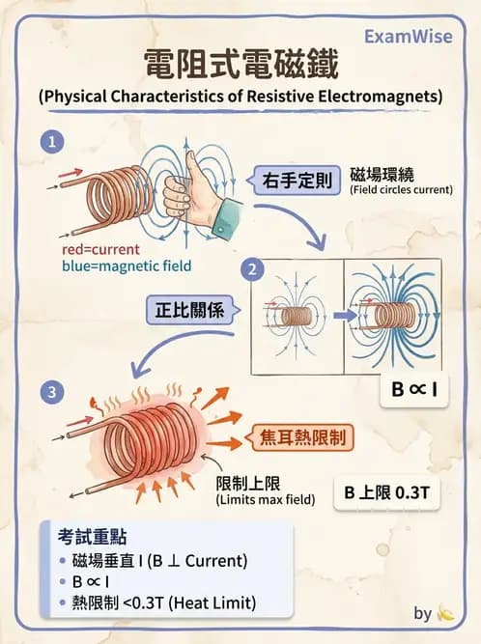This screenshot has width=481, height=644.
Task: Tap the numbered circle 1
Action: [x=52, y=142]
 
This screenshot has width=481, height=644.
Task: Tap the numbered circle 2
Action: [x=253, y=270]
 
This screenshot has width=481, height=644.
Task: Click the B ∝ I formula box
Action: [x=410, y=391]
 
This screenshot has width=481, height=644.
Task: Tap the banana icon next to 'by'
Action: [x=445, y=613]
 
